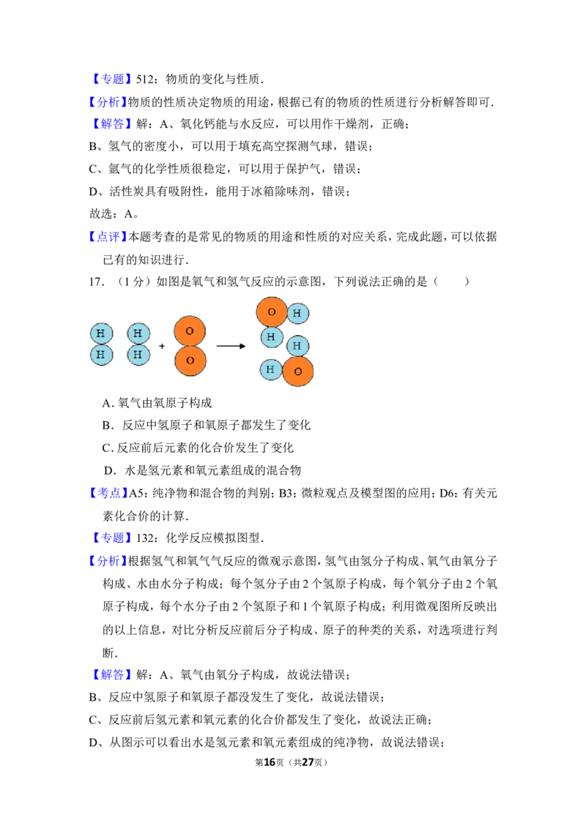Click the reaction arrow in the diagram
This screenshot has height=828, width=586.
pos(231,347)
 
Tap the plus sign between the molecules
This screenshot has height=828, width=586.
pos(162,347)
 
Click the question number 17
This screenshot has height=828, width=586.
pos(96,282)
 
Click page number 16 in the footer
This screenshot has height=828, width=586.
pos(270,762)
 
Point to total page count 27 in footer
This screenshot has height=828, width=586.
pos(308,762)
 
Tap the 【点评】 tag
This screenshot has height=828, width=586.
pos(108,236)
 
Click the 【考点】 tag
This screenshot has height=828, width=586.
pos(108,493)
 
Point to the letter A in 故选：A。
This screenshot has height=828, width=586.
pos(128,214)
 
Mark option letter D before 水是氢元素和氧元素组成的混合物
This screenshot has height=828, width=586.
pos(109,471)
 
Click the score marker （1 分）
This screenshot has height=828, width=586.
pos(130,282)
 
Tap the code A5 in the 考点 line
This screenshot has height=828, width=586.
pos(136,493)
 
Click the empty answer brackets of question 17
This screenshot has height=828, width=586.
pos(451,282)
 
